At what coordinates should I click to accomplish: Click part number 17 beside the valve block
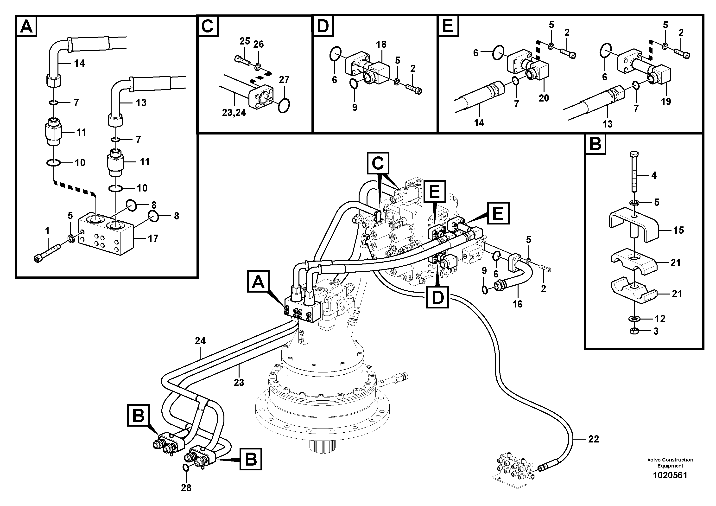(153, 239)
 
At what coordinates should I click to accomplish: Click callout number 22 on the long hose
(593, 439)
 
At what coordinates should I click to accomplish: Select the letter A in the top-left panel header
(26, 26)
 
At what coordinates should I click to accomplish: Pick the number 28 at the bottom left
(186, 488)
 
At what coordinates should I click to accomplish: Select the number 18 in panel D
(381, 45)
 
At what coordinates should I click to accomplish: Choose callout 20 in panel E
(544, 98)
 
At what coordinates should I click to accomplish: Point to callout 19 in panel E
(666, 101)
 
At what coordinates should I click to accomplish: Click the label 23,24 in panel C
(234, 112)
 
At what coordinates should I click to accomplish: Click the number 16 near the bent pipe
(517, 304)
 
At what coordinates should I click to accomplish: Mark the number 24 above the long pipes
(200, 341)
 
